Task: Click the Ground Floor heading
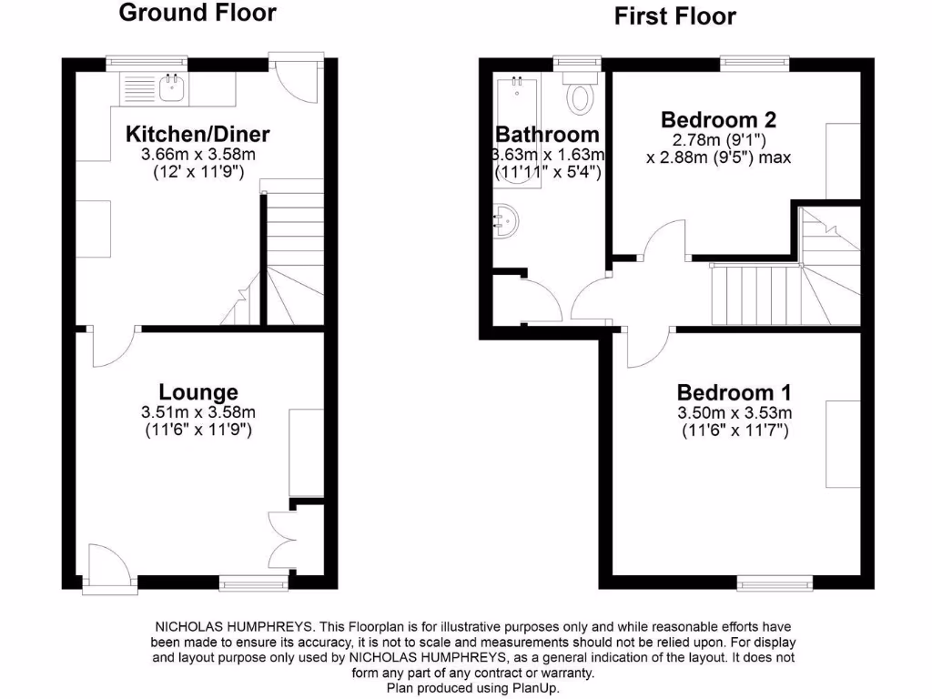click(x=198, y=13)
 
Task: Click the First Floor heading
click(x=674, y=16)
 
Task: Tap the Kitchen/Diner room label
click(x=198, y=135)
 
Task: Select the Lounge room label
click(x=198, y=392)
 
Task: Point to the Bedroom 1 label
click(x=734, y=393)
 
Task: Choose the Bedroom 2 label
click(x=718, y=119)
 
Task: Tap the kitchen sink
click(x=172, y=88)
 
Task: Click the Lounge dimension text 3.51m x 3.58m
click(x=198, y=412)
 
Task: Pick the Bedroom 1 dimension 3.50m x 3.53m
click(x=734, y=413)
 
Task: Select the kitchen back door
click(x=297, y=76)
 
